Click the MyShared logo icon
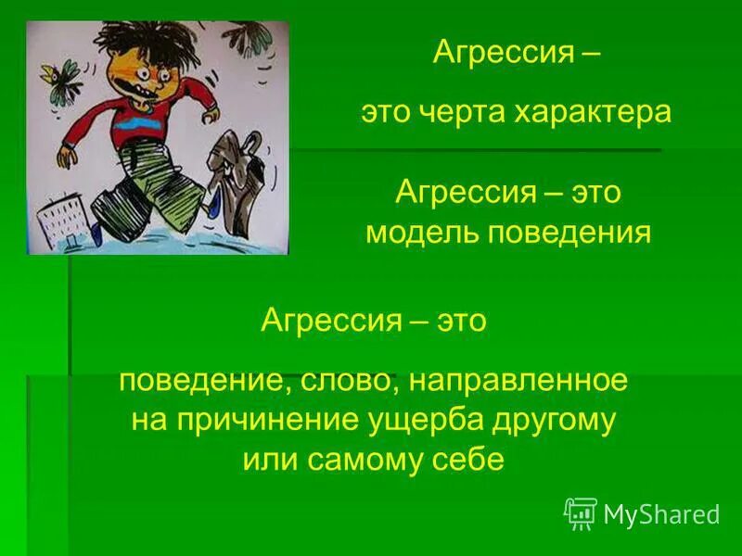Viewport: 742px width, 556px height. (581, 512)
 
